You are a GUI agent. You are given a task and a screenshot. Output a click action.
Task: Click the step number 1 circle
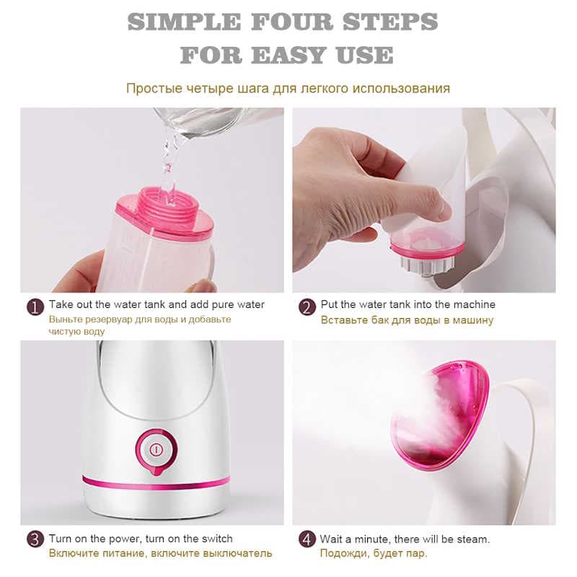click(x=35, y=307)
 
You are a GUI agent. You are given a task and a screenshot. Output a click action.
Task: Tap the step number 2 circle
click(x=307, y=307)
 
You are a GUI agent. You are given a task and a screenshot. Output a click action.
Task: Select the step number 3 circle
click(x=35, y=539)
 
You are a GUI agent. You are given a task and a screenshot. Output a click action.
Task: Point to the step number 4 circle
click(x=307, y=539)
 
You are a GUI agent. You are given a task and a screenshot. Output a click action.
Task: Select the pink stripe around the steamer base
click(x=156, y=483)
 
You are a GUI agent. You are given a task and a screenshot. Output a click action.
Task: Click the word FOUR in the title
click(x=292, y=22)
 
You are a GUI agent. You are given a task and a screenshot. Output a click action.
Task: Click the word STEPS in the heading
click(x=390, y=22)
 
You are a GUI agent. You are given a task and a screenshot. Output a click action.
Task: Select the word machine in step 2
click(x=474, y=304)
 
